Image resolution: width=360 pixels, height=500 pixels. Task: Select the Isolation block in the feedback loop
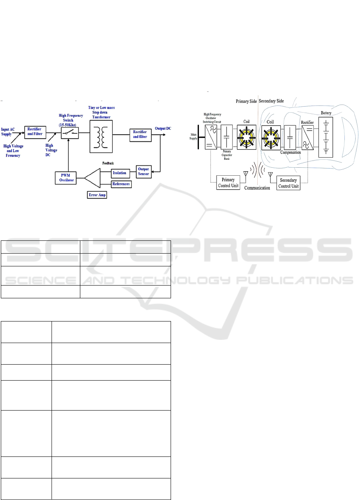pos(119,173)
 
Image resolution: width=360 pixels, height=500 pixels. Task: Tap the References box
pos(121,184)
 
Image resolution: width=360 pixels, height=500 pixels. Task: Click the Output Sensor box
pos(143,171)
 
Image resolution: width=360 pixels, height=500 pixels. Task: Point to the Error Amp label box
pos(98,195)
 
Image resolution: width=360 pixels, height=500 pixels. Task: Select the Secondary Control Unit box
pos(288,183)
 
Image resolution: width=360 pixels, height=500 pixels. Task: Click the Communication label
pos(257,188)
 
